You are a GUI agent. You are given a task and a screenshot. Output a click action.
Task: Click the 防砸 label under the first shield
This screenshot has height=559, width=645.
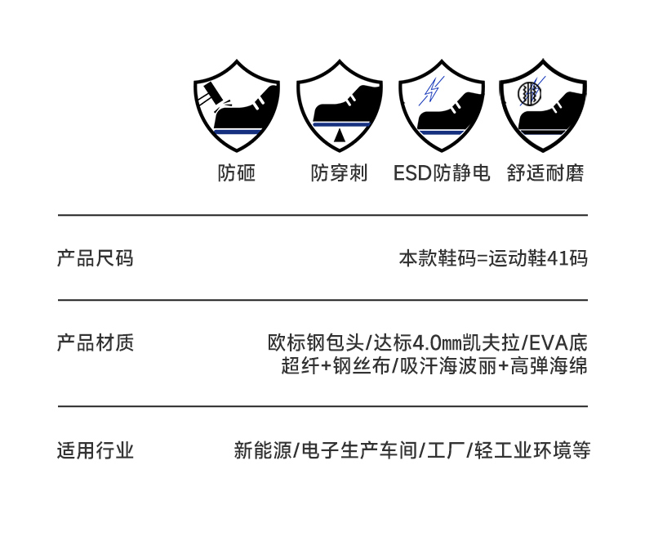237,173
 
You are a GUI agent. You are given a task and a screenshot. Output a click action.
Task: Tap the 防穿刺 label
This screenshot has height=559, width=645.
339,173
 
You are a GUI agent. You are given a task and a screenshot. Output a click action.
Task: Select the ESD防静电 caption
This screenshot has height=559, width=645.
442,173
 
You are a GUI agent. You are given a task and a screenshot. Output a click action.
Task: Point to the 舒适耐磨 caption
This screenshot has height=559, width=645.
545,173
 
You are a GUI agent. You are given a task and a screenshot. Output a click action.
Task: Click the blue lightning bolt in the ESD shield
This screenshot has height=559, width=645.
429,89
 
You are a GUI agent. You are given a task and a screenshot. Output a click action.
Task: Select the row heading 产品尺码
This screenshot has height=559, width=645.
95,259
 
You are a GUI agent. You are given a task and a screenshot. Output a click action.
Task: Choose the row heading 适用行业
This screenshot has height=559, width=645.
95,450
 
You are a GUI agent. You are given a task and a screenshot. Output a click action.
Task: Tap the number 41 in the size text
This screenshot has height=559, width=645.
558,259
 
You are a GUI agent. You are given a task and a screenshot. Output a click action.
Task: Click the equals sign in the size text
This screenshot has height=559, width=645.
481,259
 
